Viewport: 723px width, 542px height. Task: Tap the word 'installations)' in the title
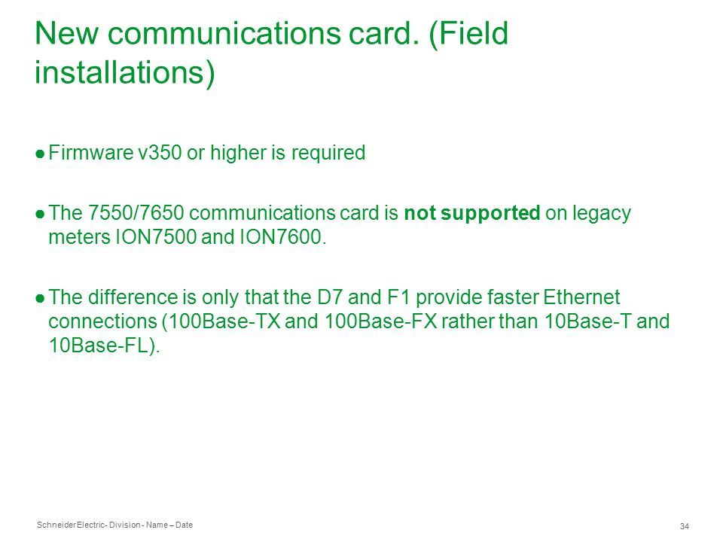click(125, 73)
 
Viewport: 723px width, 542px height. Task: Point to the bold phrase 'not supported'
click(471, 213)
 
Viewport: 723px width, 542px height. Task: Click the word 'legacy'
click(602, 214)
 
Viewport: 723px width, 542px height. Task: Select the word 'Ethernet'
click(581, 297)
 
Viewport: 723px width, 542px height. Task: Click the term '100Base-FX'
click(381, 321)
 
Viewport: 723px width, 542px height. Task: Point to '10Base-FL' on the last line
click(99, 346)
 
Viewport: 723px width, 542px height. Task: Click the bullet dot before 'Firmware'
click(40, 154)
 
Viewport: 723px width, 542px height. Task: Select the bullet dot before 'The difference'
click(40, 298)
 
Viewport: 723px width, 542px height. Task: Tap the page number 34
click(685, 526)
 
